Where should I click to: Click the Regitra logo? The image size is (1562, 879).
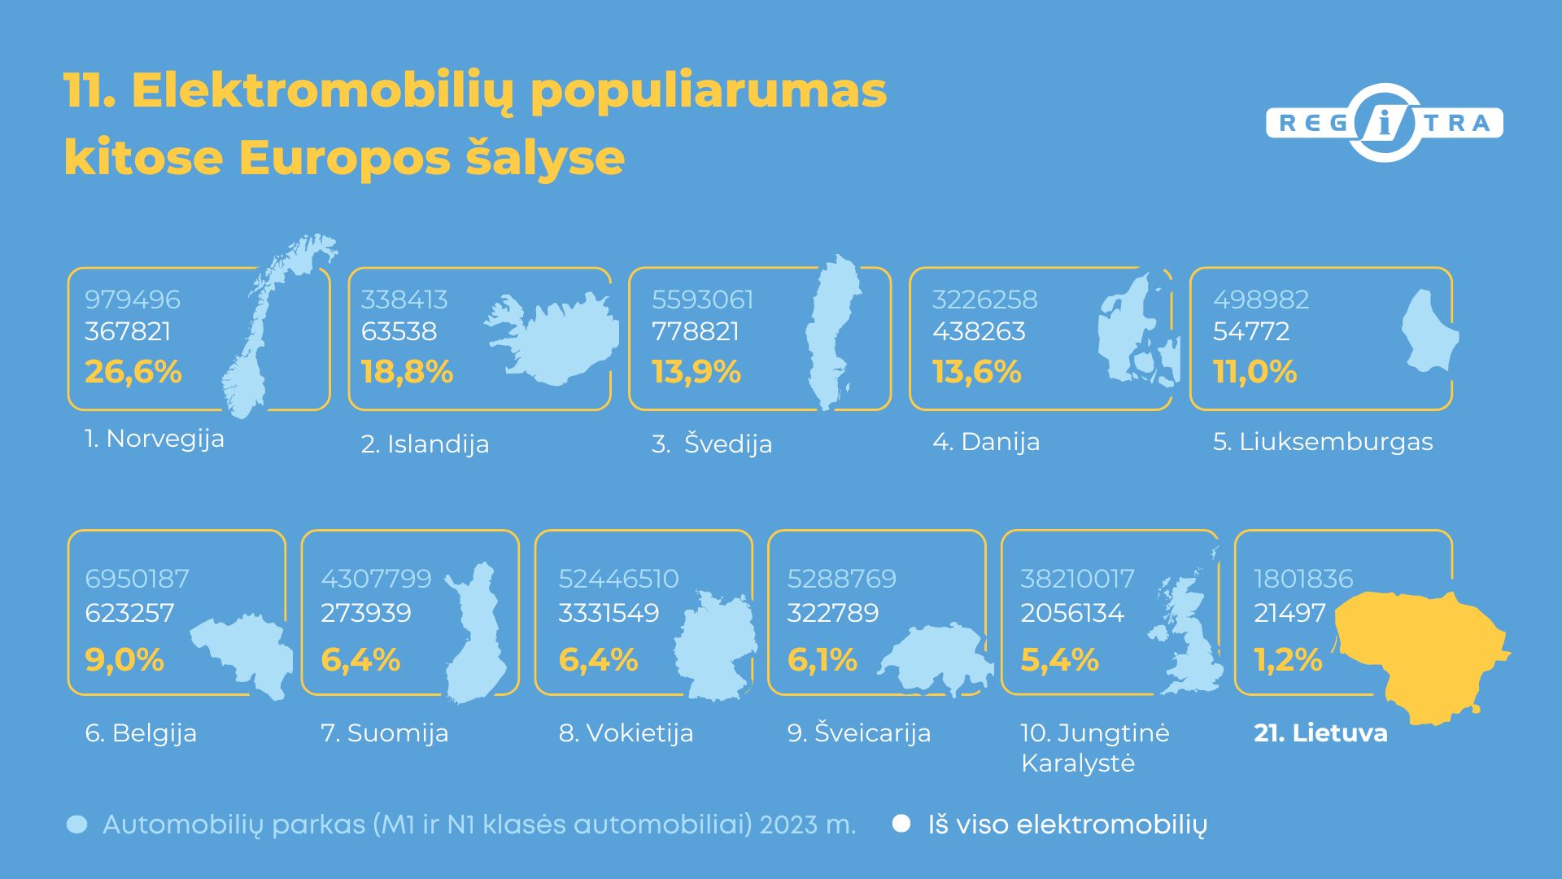(x=1384, y=123)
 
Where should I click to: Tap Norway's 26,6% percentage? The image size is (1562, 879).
(x=133, y=372)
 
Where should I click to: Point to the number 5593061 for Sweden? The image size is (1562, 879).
(x=702, y=300)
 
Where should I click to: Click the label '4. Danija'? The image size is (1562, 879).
(x=986, y=442)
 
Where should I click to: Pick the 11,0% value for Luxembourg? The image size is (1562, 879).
(x=1254, y=372)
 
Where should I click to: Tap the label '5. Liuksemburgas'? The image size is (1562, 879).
(x=1323, y=442)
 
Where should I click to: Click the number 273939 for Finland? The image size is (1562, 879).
(x=366, y=613)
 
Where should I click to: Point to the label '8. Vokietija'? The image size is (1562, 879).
(x=626, y=733)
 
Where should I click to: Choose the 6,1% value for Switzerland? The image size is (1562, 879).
(x=822, y=660)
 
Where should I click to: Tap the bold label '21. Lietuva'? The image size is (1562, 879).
(x=1320, y=733)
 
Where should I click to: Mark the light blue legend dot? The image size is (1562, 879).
(x=76, y=825)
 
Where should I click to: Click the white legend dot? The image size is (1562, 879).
(x=901, y=824)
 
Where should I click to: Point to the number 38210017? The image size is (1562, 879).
(x=1077, y=579)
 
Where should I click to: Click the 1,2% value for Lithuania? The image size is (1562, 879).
(x=1288, y=660)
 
